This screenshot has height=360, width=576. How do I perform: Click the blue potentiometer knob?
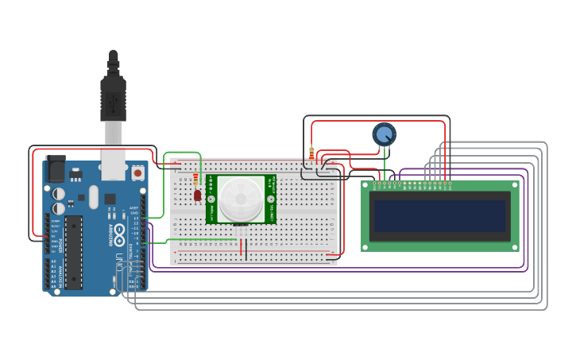tap(384, 134)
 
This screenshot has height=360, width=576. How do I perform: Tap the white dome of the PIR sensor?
tap(242, 199)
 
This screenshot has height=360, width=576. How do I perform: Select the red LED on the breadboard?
tap(198, 195)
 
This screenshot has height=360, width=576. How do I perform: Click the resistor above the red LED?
tap(196, 180)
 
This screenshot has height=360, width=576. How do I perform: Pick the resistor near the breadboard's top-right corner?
tap(311, 153)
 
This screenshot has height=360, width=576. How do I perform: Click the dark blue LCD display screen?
tap(439, 215)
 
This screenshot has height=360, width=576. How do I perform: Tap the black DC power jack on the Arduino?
tap(55, 169)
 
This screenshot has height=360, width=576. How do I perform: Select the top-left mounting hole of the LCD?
tap(366, 185)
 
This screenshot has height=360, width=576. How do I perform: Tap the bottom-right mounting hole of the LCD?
tap(516, 246)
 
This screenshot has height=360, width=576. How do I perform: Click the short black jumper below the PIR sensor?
tap(245, 249)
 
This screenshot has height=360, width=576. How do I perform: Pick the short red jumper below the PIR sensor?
tap(240, 248)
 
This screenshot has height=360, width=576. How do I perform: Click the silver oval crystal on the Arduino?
tap(94, 196)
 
